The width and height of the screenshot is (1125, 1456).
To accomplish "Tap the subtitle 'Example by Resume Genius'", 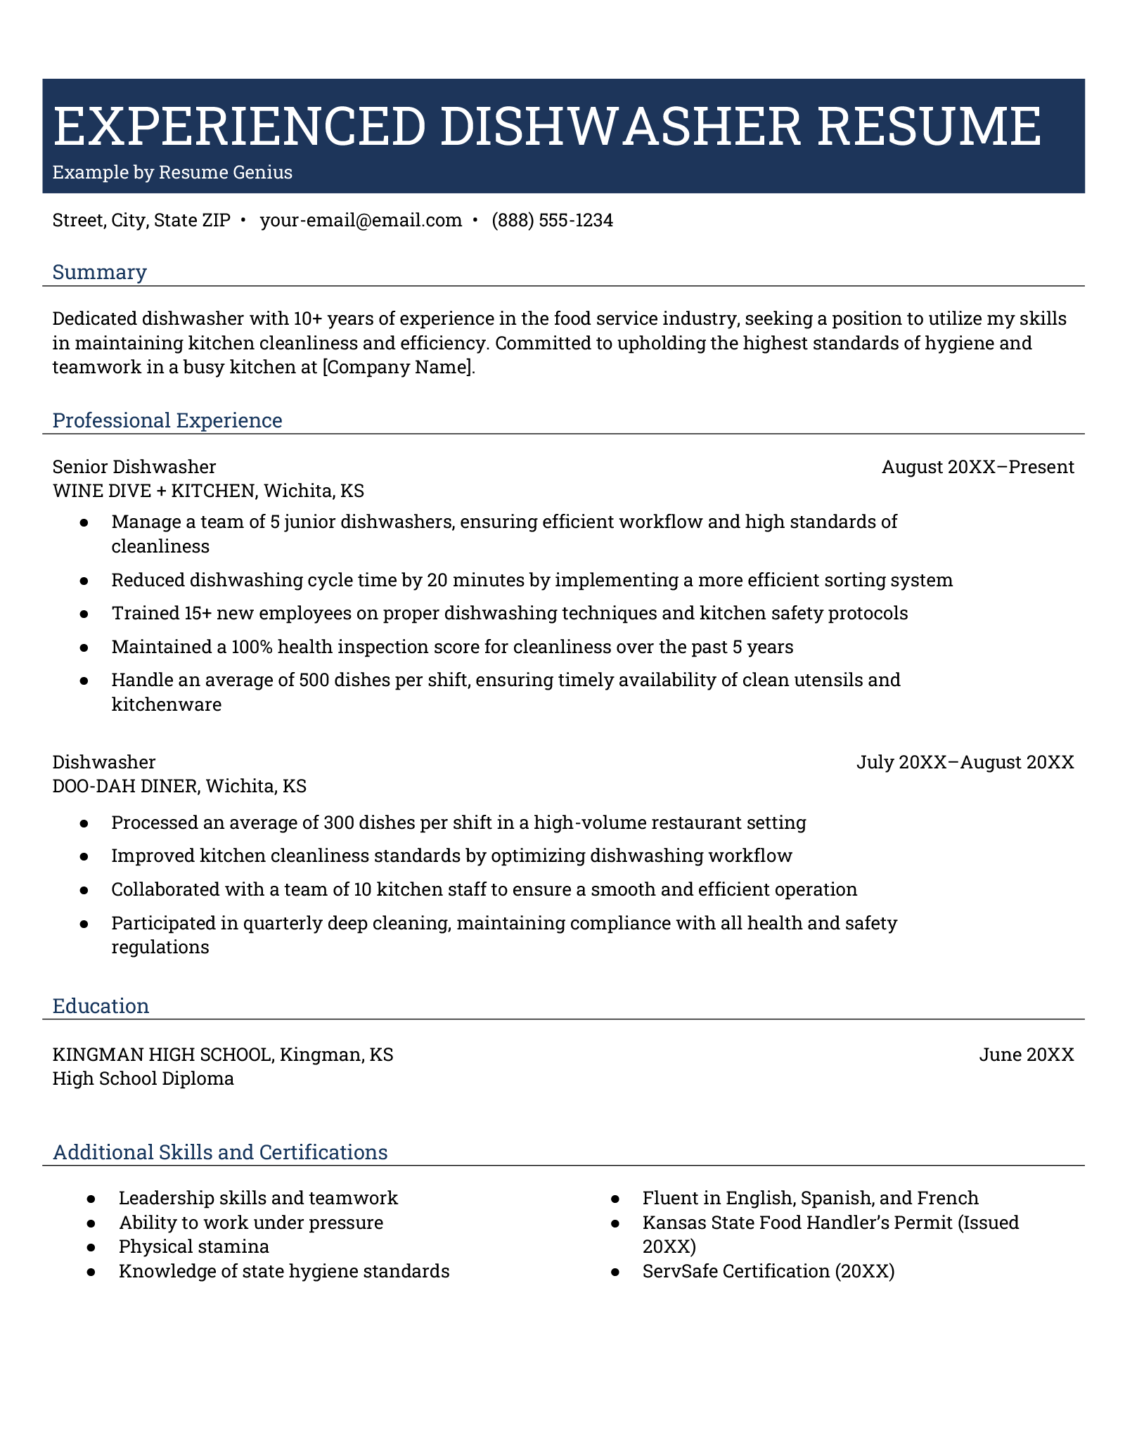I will pos(172,173).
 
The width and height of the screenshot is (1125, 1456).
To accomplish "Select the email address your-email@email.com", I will pos(361,221).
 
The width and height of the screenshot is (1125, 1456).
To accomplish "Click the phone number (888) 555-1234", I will pos(552,221).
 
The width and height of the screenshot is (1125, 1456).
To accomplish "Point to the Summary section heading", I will pos(99,272).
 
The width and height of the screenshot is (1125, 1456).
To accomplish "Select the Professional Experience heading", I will pos(167,420).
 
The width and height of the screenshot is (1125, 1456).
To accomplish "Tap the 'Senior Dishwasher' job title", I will pos(134,467).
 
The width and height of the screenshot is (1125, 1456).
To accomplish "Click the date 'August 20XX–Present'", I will pos(977,467).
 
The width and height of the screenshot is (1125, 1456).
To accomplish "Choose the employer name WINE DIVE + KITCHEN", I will pos(153,491).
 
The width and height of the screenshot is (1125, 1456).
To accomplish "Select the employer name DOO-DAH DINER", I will pos(124,786).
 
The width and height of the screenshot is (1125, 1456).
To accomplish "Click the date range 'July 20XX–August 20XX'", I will pos(965,762).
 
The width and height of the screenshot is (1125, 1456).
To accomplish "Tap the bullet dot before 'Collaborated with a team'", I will pos(84,890).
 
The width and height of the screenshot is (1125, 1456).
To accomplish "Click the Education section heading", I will pos(101,1006).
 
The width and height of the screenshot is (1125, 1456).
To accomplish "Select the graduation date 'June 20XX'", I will pos(1026,1055).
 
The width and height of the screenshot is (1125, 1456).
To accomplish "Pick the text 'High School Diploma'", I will pos(143,1078).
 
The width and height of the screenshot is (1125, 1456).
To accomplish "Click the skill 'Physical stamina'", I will pos(193,1246).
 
